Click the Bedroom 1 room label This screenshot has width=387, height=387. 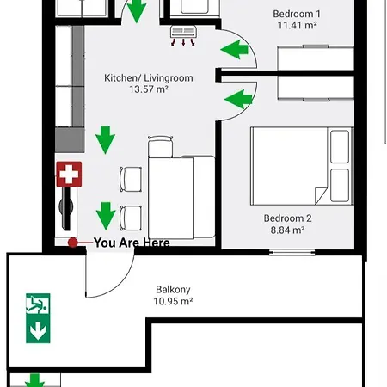coord(298,14)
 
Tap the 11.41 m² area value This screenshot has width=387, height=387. coord(298,26)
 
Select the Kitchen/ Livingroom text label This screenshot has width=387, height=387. coord(149,77)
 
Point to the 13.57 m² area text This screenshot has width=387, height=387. coord(149,89)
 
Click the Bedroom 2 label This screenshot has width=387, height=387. coord(287,218)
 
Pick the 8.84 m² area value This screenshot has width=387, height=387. coord(287,230)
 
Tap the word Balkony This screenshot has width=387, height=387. coord(173,290)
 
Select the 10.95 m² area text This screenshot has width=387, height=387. coord(173,302)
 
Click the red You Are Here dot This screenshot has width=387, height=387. coord(74,243)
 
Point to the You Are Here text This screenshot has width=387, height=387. coord(131,243)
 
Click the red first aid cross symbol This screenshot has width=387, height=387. coord(68,175)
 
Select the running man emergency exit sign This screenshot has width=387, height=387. coord(38,304)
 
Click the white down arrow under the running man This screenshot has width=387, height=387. coord(38,329)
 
